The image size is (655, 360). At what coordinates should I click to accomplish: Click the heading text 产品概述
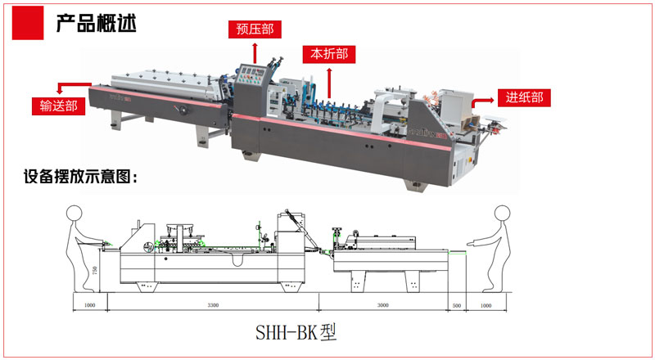pos(95,22)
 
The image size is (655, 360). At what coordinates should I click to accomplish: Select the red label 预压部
pos(255,29)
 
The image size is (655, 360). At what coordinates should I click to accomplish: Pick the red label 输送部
pos(58,105)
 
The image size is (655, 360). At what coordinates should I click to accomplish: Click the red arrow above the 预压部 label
pos(255,52)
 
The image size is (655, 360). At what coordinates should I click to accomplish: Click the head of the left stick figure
pos(75,214)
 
